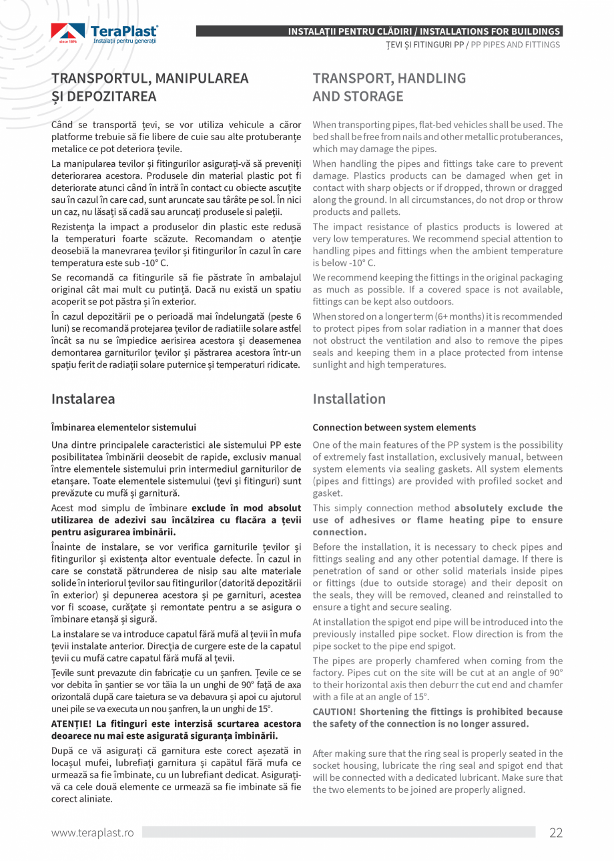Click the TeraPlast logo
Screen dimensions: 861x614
(104, 34)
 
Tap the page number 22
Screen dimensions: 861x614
(555, 832)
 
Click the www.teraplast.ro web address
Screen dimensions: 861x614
(93, 832)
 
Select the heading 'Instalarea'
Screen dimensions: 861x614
(83, 399)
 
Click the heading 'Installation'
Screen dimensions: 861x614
(349, 399)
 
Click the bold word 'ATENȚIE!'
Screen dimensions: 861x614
(73, 724)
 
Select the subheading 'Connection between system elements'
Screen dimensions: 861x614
(394, 427)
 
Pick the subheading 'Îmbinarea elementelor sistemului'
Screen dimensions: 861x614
(124, 427)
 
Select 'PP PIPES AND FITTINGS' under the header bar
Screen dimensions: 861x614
(515, 45)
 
